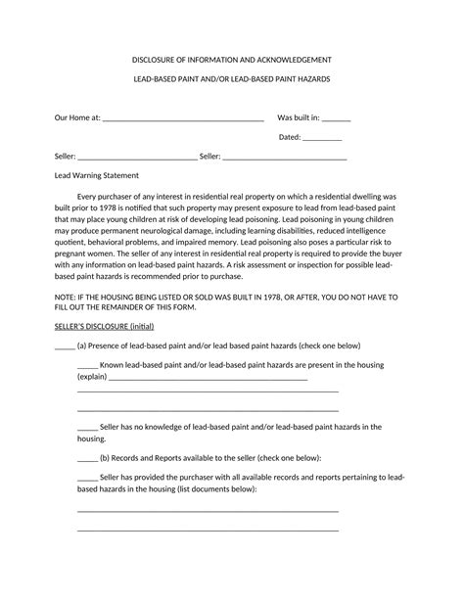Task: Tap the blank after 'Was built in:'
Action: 336,120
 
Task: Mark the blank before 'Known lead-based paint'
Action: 87,366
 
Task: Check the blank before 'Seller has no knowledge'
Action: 87,428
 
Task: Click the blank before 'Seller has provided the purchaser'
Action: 87,478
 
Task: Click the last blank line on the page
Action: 208,530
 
